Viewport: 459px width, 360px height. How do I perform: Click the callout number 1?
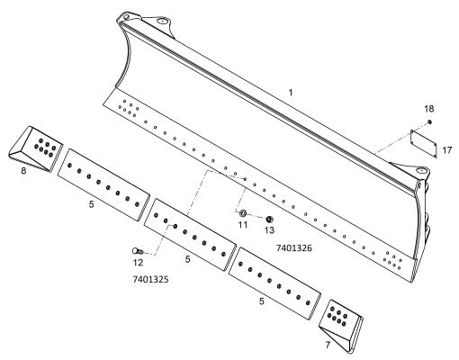point(290,93)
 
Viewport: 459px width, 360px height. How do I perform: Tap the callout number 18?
point(429,109)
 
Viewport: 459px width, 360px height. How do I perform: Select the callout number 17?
point(447,150)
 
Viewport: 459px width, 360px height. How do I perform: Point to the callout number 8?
point(23,171)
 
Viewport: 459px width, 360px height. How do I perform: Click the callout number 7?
point(328,345)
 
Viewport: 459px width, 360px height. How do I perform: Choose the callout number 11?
point(243,224)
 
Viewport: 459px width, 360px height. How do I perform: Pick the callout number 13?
point(269,230)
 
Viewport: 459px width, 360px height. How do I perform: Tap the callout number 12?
point(138,263)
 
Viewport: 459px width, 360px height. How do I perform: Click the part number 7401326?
point(294,248)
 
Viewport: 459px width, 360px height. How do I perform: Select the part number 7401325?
point(150,280)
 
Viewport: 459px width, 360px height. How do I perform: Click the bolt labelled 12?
point(138,251)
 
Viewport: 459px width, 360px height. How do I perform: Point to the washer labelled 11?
point(243,213)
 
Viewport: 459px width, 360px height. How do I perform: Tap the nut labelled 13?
point(269,220)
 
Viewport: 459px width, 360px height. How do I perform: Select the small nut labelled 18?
point(429,121)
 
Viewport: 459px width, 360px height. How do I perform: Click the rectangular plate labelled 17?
point(423,143)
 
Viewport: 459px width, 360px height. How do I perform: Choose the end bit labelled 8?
point(35,148)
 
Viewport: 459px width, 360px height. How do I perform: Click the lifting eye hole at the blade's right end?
point(420,171)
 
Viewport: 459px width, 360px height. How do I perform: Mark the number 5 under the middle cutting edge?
point(187,259)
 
